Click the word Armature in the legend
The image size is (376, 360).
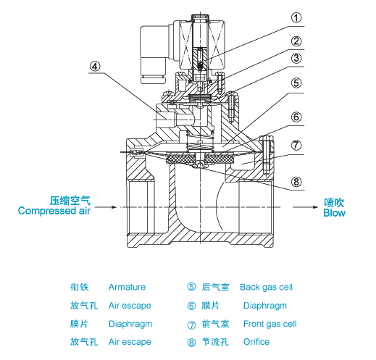127,288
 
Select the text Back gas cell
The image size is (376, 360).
266,288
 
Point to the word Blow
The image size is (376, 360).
334,213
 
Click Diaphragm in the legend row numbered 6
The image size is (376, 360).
264,306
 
